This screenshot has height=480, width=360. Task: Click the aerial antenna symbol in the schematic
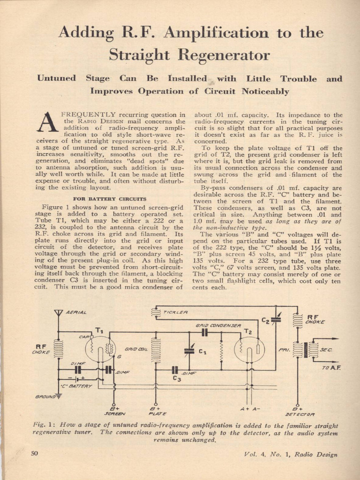(x=58, y=313)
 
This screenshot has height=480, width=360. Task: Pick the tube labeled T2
(x=249, y=349)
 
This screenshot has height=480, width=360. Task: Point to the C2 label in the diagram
(x=265, y=321)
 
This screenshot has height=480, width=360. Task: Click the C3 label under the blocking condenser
(x=176, y=378)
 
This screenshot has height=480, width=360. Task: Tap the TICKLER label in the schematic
(x=176, y=312)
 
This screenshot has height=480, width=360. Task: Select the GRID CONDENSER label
(x=218, y=325)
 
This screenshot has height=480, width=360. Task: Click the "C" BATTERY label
(x=76, y=386)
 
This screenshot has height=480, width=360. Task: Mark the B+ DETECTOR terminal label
(x=296, y=411)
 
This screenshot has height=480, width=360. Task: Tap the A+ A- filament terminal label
(x=250, y=408)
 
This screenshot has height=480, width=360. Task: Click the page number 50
(x=34, y=453)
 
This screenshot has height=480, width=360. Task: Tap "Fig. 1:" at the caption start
(x=45, y=425)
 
